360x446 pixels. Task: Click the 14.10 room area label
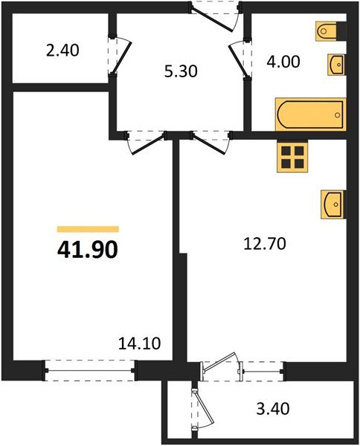(140, 343)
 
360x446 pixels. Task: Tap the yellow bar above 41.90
(88, 230)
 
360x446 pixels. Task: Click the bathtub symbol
(311, 114)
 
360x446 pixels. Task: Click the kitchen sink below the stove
(333, 204)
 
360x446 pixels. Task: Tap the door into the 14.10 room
(145, 141)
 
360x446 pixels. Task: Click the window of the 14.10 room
(89, 366)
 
